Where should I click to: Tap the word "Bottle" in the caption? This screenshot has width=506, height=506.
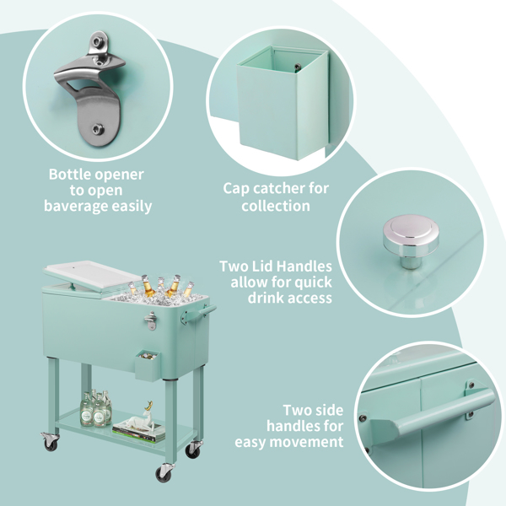(70, 175)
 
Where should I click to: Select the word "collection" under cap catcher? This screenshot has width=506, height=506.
(276, 206)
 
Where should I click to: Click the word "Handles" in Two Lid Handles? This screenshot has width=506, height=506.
(304, 266)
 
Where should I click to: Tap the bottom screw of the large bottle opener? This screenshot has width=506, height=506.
(98, 129)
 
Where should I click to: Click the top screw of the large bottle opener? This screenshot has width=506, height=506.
(97, 41)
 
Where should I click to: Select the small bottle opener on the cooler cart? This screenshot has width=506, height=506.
(151, 320)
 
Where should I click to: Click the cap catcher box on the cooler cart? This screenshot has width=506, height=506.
(148, 365)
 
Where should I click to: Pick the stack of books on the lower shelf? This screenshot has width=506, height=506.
(139, 433)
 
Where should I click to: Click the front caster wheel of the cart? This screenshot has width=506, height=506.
(164, 473)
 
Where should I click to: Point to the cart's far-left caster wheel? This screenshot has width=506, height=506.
(51, 442)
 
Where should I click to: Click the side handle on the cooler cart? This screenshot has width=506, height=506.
(198, 314)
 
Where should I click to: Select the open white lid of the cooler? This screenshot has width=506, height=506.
(92, 275)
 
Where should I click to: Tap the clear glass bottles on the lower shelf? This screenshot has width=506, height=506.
(96, 408)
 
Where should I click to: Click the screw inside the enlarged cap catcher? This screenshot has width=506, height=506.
(297, 67)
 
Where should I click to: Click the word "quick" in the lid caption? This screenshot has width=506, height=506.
(313, 282)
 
